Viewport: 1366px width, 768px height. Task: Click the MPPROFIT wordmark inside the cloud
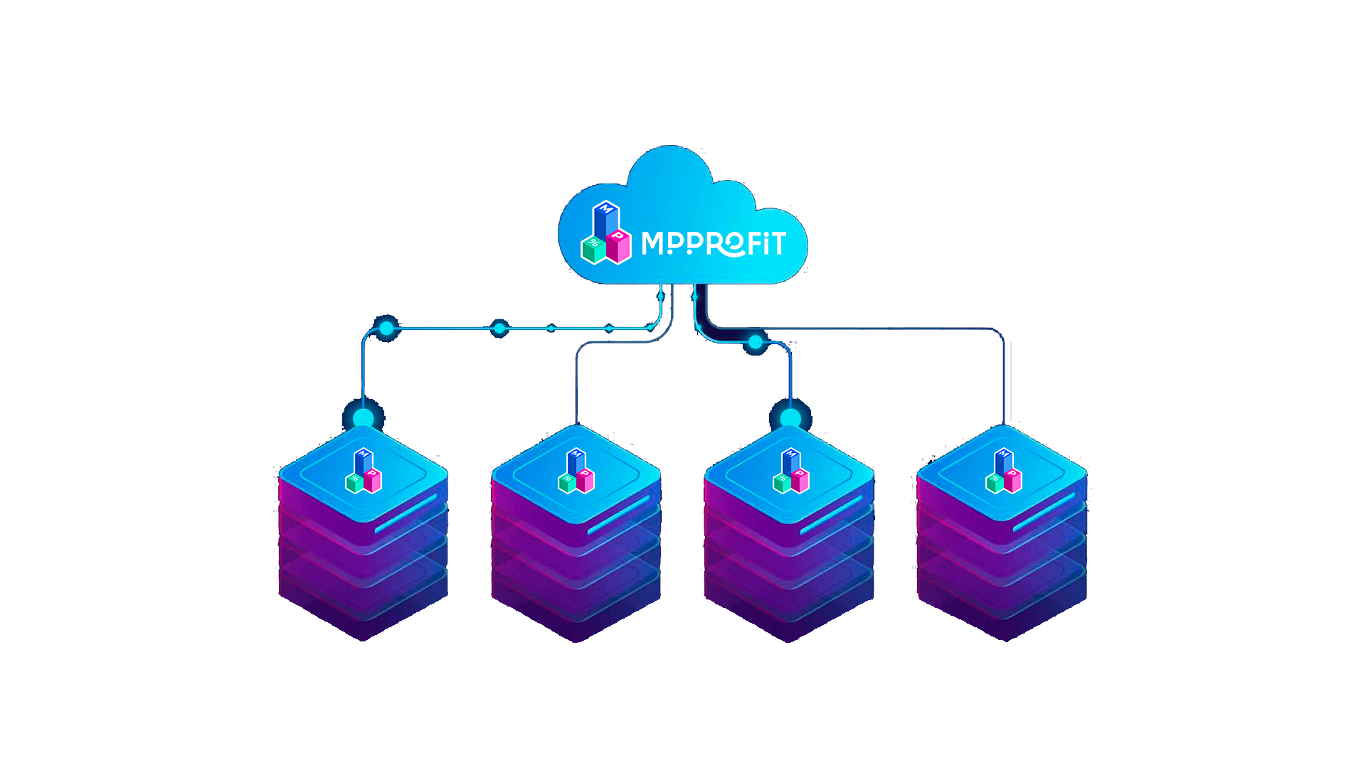[x=713, y=243]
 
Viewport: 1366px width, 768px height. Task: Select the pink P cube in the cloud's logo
[x=619, y=246]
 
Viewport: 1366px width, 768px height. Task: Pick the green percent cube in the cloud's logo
[x=593, y=249]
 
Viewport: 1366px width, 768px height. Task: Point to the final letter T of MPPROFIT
[x=775, y=243]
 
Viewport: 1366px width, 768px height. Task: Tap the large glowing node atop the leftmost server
[x=364, y=417]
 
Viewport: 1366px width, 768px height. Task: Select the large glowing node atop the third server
[x=790, y=417]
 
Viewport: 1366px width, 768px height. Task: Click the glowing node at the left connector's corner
[x=386, y=328]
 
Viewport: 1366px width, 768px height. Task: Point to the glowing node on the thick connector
[x=755, y=343]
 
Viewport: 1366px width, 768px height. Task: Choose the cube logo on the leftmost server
[x=364, y=471]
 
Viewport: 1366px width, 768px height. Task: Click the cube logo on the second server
[x=576, y=471]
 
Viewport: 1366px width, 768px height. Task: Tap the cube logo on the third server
[x=790, y=471]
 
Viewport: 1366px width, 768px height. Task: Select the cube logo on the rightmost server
[x=1003, y=471]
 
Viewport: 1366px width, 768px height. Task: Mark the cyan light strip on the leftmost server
[x=405, y=514]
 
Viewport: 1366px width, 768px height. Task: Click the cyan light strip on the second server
[x=618, y=514]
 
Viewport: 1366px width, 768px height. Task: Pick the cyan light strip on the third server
[x=831, y=514]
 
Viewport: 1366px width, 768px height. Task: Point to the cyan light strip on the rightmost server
[x=1044, y=512]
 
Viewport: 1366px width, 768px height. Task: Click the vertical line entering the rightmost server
[x=1004, y=384]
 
